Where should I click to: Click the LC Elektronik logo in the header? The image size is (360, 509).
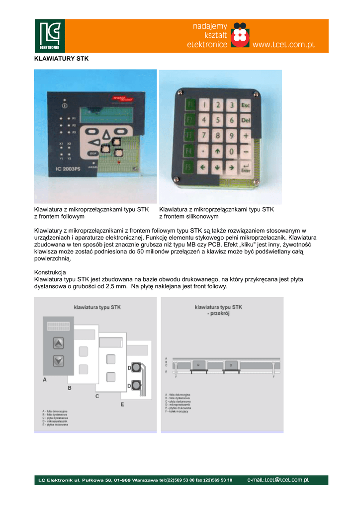50,36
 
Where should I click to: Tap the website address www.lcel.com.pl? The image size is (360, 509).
284,45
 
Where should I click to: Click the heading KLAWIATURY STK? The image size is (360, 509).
61,59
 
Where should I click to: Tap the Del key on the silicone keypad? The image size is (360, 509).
245,120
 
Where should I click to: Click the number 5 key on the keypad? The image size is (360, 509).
217,120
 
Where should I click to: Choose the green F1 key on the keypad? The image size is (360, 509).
189,104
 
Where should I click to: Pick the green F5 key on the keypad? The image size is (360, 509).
189,167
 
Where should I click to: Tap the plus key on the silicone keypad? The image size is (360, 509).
245,135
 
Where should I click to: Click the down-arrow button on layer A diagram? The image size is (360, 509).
59,360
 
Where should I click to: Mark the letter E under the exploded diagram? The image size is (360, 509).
122,405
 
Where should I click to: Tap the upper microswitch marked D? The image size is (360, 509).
135,368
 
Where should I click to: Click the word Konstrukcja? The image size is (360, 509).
50,272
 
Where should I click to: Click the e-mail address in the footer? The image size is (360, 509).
278,480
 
